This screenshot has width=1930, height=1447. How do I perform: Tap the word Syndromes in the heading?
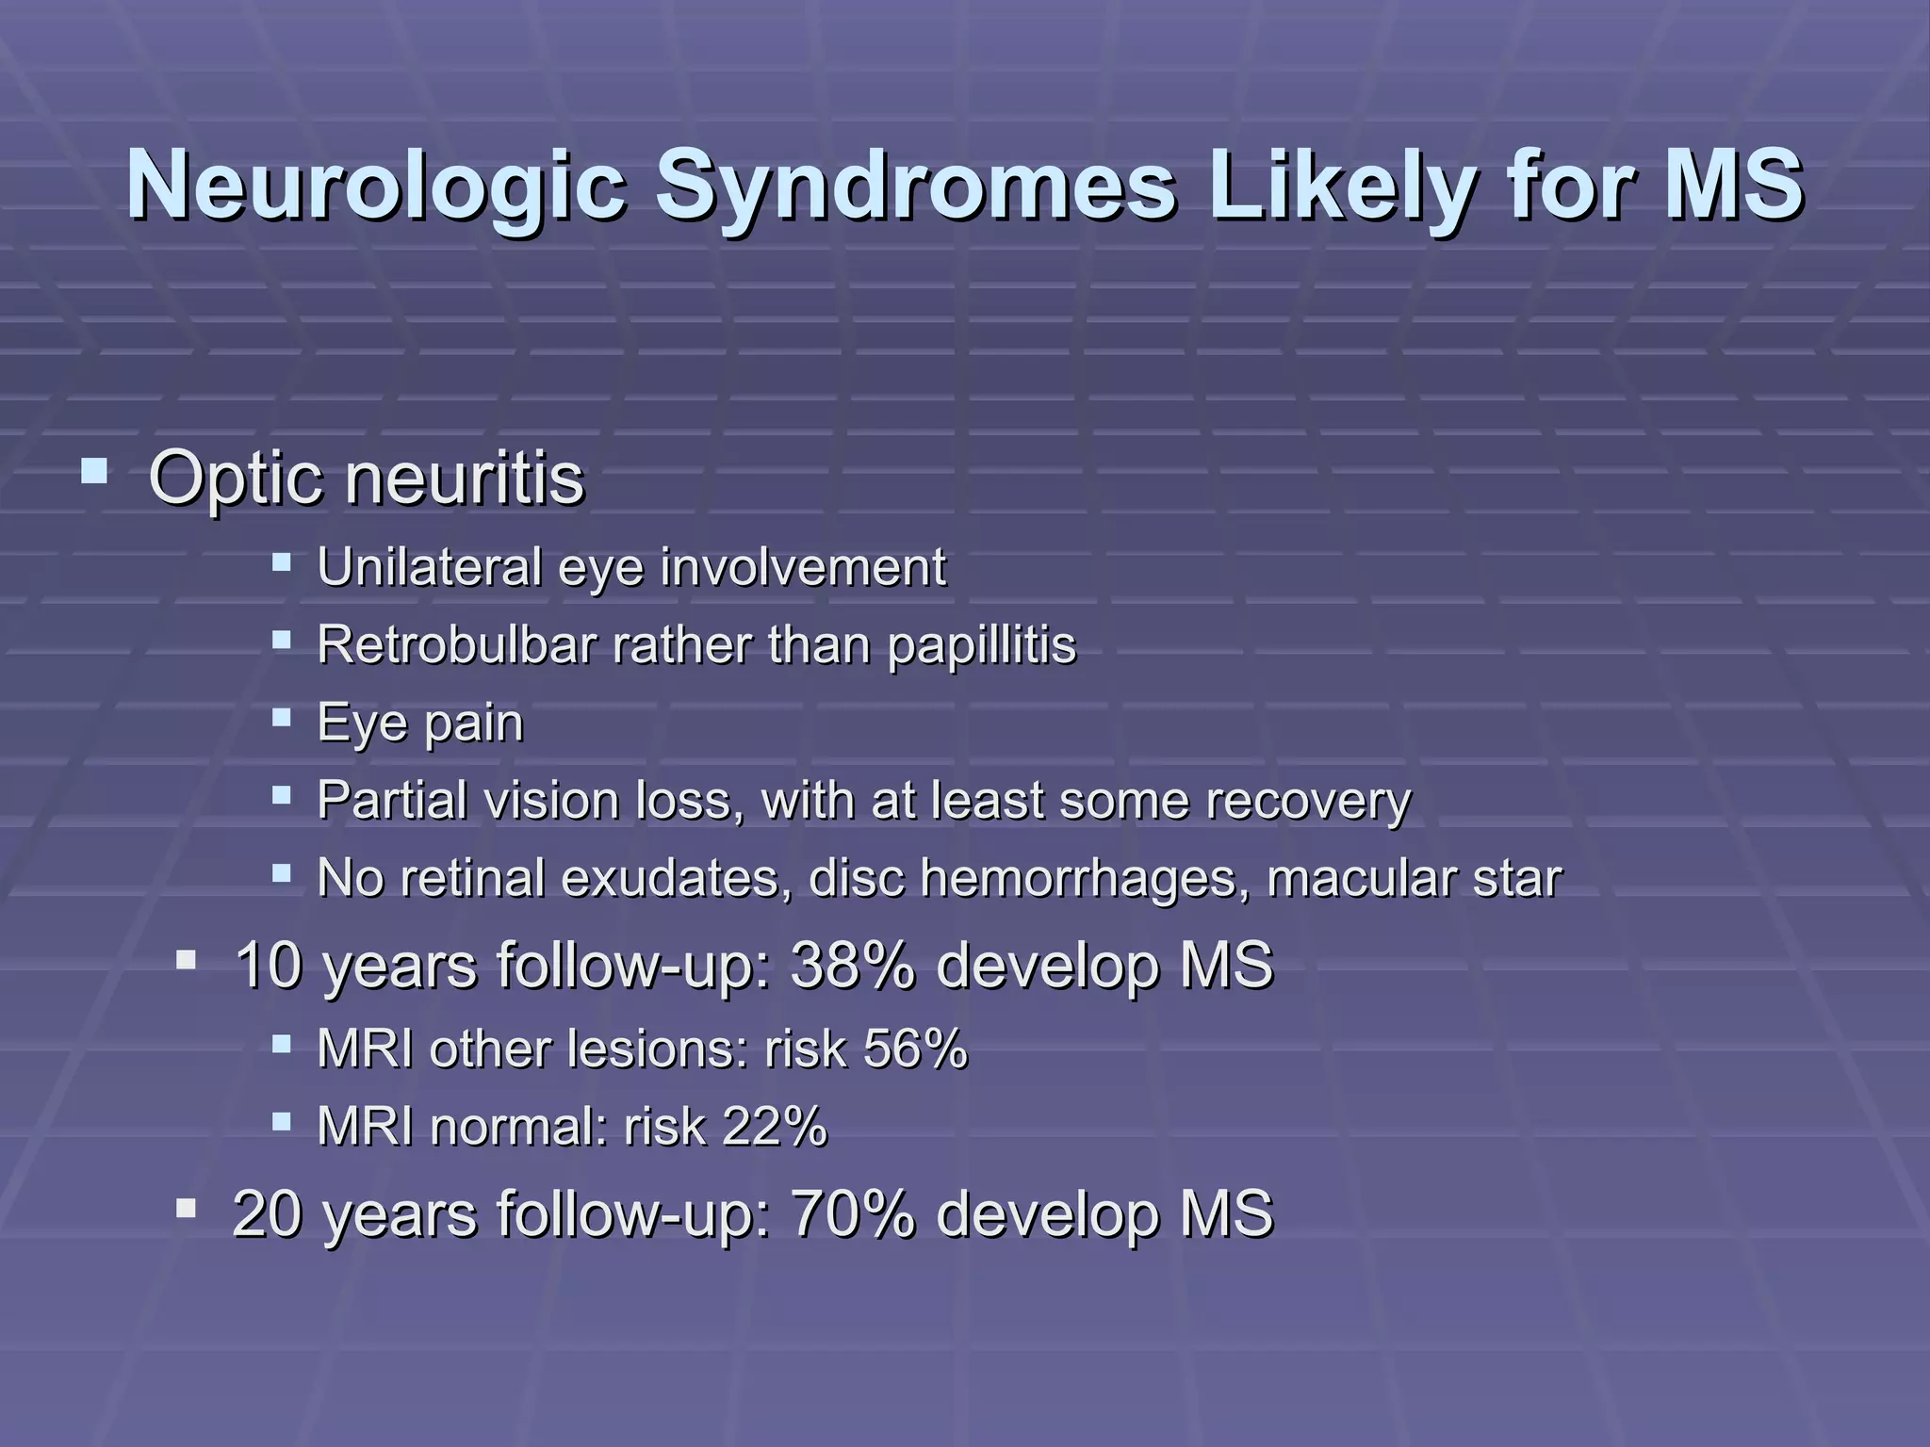click(915, 185)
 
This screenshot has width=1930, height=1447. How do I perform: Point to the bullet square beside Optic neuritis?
click(94, 469)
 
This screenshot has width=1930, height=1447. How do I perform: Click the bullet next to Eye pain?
click(281, 718)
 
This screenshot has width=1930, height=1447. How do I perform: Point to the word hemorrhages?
click(1085, 878)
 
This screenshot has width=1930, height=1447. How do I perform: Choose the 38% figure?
click(852, 966)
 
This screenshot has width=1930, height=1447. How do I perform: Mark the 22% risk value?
click(774, 1126)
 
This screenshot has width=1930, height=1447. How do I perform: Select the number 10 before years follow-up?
click(268, 966)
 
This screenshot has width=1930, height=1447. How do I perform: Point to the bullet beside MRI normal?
click(281, 1121)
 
